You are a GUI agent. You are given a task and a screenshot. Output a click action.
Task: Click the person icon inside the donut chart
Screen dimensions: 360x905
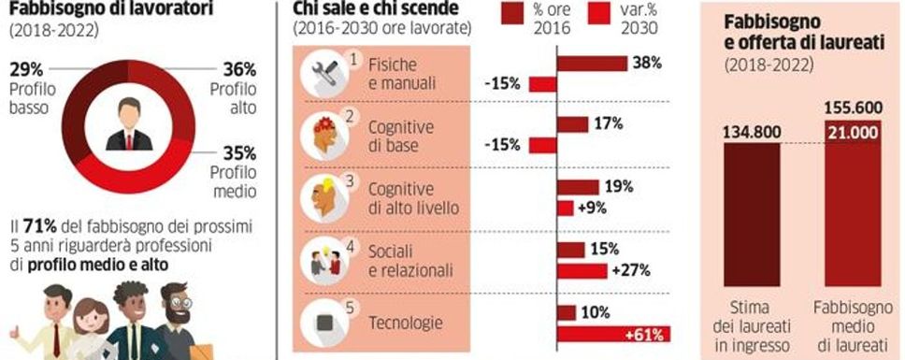point(128,128)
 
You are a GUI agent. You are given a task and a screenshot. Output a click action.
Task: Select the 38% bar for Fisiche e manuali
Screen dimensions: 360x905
point(592,64)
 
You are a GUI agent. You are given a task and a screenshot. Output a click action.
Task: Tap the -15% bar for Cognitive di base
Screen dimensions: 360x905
point(543,145)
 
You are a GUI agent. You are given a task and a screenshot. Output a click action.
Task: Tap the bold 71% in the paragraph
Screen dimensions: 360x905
point(44,227)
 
